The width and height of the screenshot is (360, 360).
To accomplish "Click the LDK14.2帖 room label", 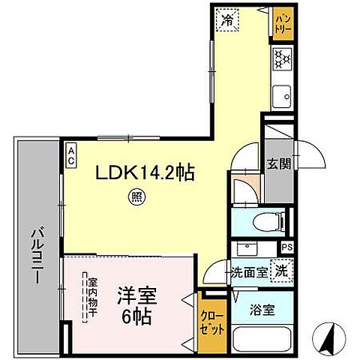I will click(144, 173).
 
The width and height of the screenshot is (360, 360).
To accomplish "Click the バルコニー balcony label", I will click(35, 255).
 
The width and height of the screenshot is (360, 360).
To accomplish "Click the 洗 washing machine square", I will click(280, 270).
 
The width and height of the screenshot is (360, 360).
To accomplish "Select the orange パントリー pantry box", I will click(282, 22).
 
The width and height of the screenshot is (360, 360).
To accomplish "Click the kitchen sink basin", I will click(282, 96).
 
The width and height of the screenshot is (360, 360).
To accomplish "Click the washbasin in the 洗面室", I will click(245, 248).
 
